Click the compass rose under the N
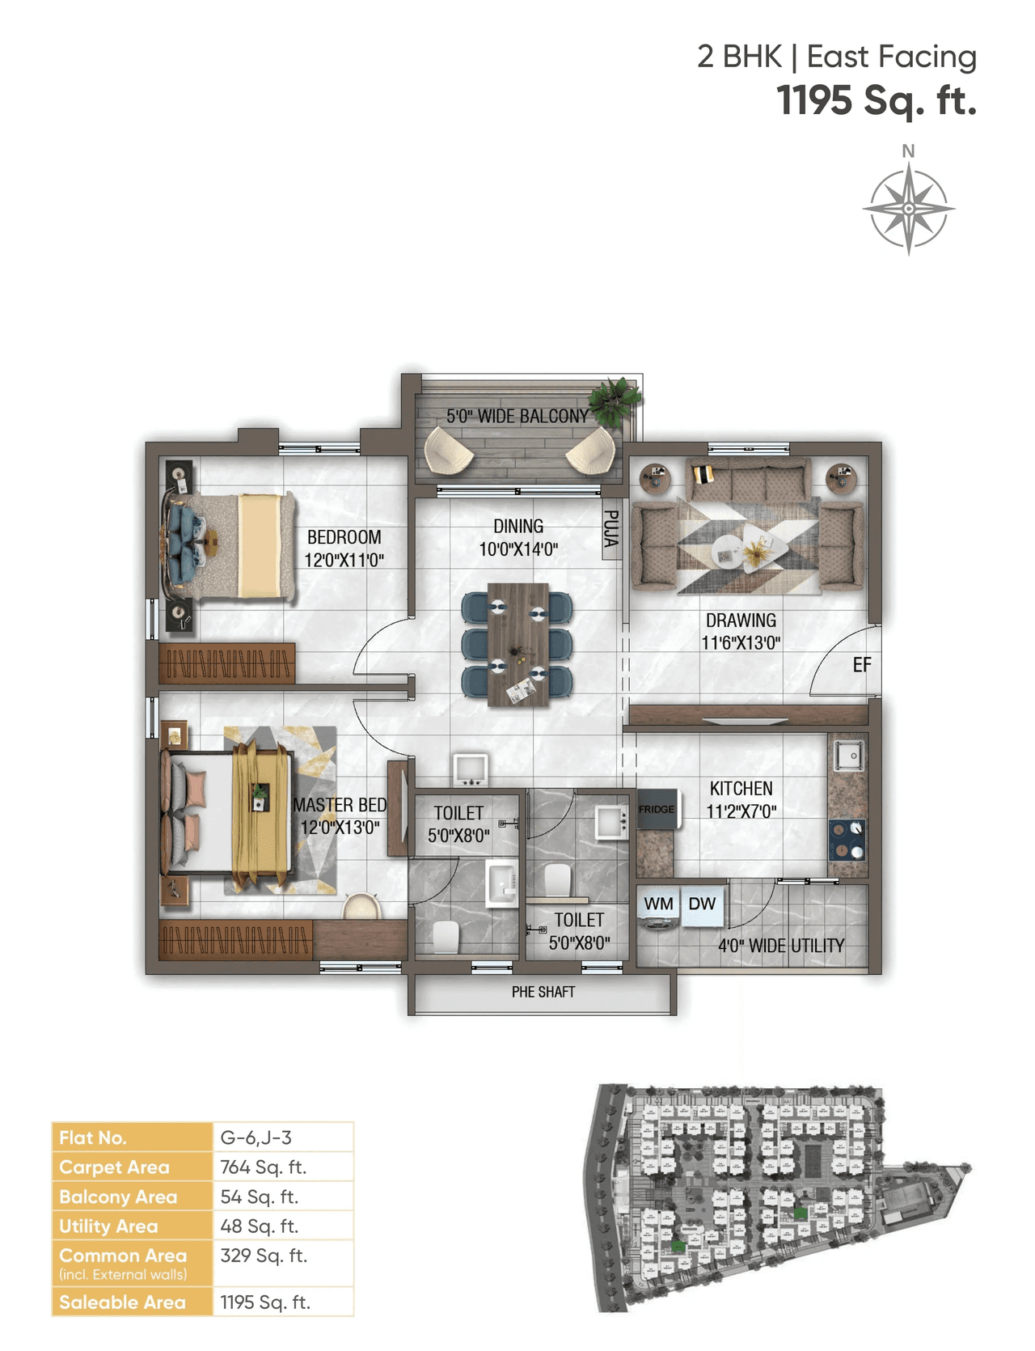coord(908,209)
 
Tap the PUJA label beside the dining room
coord(611,527)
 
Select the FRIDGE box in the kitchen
coord(657,809)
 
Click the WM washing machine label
coord(658,904)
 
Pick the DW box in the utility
coord(702,904)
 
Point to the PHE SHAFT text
coord(543,992)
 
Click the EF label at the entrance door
coord(862,665)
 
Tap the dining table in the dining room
coord(517,644)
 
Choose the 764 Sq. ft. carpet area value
coord(263,1167)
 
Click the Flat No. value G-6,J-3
coord(256,1137)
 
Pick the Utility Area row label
coord(108,1226)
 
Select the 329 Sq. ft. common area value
coord(263,1256)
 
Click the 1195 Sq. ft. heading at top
coord(877,101)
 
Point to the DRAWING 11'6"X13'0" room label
coord(741,632)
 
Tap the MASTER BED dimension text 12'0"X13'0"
coord(340,828)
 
